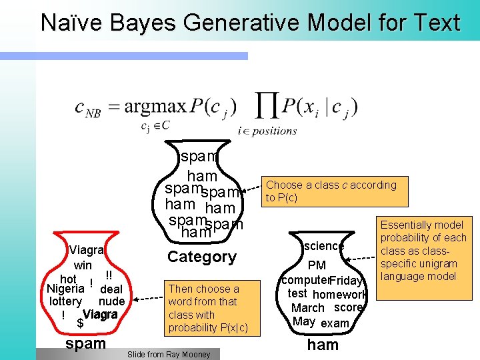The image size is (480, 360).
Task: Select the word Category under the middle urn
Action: point(201,257)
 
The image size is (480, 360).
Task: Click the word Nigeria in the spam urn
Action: point(65,289)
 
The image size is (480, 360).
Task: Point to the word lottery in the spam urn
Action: point(65,301)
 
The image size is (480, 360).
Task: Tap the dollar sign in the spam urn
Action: point(80,324)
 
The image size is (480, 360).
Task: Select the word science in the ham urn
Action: point(323,247)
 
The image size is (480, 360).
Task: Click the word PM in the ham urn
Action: point(317,266)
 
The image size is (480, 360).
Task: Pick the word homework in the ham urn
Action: point(339,295)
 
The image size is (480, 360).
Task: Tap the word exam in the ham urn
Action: point(335,323)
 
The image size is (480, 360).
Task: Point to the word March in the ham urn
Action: point(307,308)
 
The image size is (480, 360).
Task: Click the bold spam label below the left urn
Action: point(86,344)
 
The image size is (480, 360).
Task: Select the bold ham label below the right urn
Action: point(323,345)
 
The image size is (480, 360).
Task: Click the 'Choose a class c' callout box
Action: point(335,191)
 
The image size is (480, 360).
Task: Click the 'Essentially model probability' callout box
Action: point(423,251)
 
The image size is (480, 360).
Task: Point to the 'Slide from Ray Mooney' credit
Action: point(168,355)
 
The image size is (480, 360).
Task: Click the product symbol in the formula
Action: point(267,108)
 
